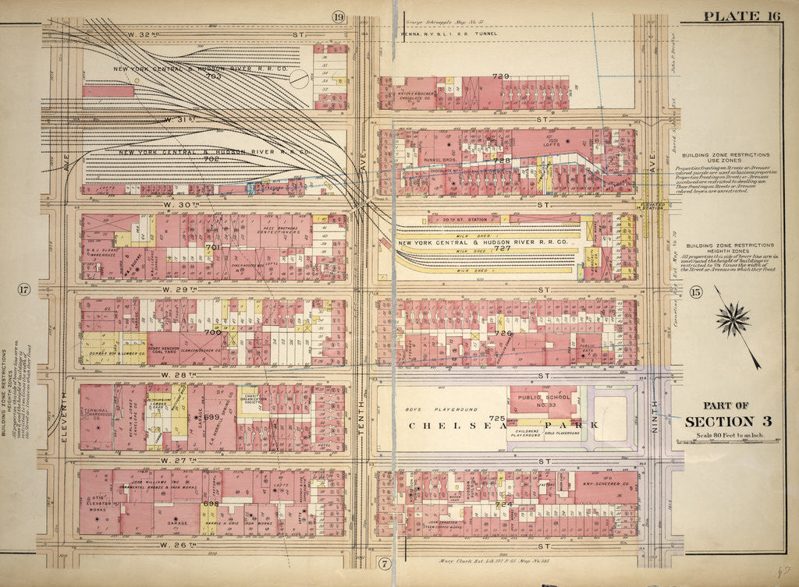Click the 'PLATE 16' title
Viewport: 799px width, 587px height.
[744, 16]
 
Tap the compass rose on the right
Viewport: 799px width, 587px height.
[733, 319]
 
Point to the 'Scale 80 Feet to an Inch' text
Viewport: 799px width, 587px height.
[725, 434]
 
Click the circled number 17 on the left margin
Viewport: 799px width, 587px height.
[23, 291]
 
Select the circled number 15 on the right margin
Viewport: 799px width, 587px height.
[696, 292]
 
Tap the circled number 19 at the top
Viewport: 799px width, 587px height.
[338, 16]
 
